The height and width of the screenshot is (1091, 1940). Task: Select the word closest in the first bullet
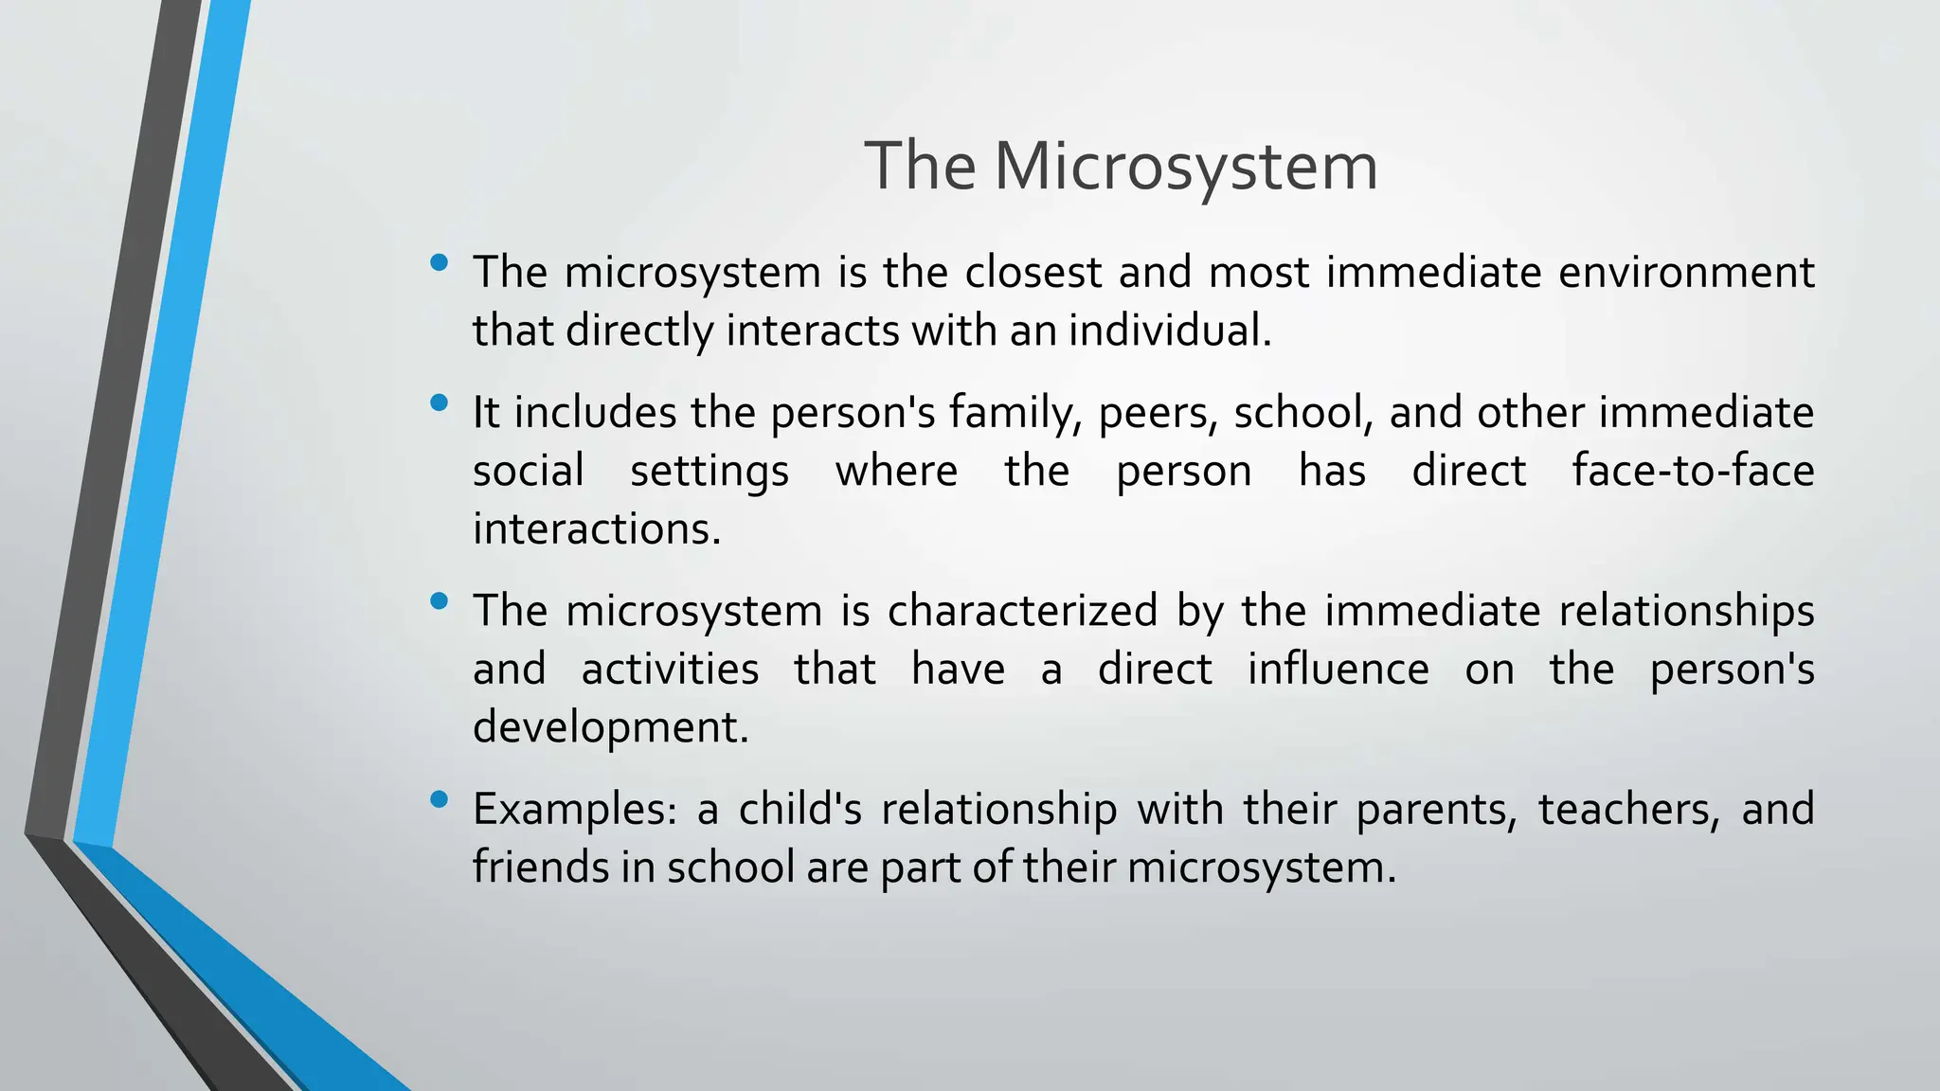1033,273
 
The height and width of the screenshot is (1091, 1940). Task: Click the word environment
1686,273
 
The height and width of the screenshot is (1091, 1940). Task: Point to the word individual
1170,331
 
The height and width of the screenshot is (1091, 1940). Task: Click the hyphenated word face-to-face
1693,471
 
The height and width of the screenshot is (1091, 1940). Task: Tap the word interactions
597,528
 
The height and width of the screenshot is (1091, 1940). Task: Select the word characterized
1022,611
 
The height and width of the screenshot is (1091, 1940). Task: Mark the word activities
670,669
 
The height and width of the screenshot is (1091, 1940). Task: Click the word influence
1338,669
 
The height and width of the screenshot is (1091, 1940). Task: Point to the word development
611,727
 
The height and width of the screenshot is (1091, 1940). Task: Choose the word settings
709,472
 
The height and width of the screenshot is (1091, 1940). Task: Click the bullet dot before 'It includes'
438,403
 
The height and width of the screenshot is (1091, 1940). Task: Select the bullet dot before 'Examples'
438,799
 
